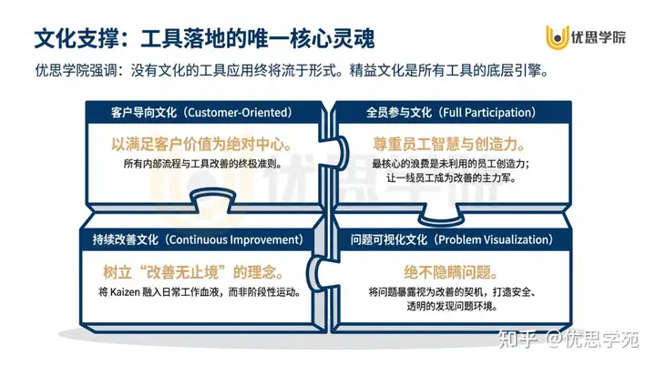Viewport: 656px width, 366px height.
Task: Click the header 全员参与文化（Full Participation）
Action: pyautogui.click(x=450, y=113)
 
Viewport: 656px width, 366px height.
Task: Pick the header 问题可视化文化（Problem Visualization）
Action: pyautogui.click(x=450, y=240)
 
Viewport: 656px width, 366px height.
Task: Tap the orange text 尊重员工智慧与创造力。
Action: pyautogui.click(x=450, y=145)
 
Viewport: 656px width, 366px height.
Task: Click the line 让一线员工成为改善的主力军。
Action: pyautogui.click(x=450, y=180)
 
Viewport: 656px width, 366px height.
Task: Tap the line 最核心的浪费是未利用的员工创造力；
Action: pyautogui.click(x=450, y=164)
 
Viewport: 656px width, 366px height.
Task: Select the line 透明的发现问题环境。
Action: pyautogui.click(x=450, y=309)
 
